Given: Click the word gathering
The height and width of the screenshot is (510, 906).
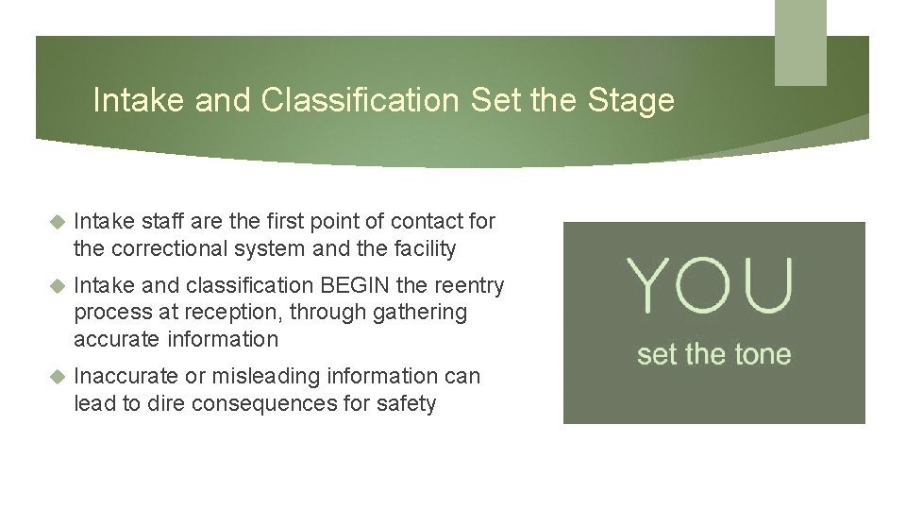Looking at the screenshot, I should [x=422, y=313].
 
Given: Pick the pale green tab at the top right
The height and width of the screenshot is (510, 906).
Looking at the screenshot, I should [x=800, y=42].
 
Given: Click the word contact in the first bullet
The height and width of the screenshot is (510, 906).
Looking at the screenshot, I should [x=424, y=222].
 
